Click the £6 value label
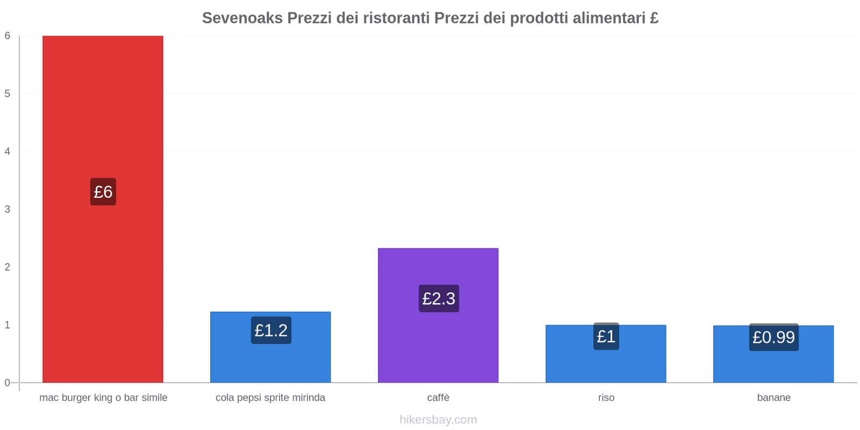coord(103,192)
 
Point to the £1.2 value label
coord(271,330)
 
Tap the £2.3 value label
coord(439,298)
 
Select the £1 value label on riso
coord(606,336)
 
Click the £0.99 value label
coord(773,337)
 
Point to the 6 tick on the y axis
coord(8,36)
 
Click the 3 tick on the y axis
coord(8,209)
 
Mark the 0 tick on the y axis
coord(8,383)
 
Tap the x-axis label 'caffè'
coord(438,398)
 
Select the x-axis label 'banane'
coord(773,398)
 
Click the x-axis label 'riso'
coord(606,398)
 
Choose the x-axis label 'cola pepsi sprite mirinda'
coord(270,398)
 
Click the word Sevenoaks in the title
coord(242,18)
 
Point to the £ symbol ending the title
coord(654,18)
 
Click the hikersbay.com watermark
coord(438,420)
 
